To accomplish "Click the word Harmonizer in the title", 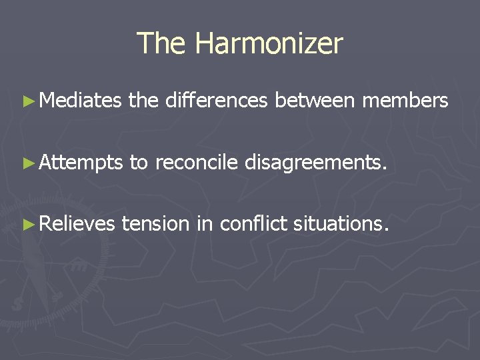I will pos(269,44).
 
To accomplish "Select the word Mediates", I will pos(80,101).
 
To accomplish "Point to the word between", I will pos(315,101).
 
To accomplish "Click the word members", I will pos(405,101).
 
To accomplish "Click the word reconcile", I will pos(196,162).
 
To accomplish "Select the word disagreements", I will pos(315,163).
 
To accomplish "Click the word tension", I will pos(156,223).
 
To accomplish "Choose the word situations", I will pos(337,223).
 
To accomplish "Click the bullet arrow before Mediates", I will pos(27,101).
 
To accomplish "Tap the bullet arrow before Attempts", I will pos(27,163).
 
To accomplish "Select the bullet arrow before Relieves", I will pos(27,224).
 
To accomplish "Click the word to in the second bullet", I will pos(139,163).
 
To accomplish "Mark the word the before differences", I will pos(143,101).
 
